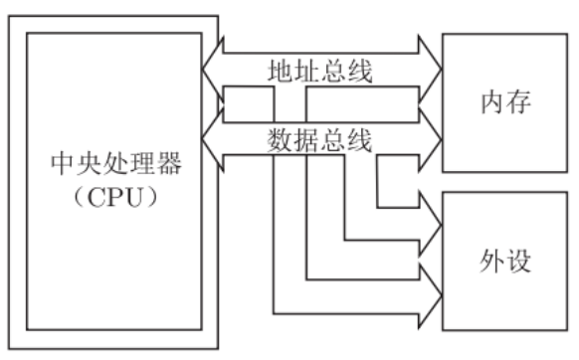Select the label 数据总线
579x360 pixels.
(320, 140)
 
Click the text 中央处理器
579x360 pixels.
(115, 162)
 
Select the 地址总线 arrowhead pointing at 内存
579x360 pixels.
(430, 66)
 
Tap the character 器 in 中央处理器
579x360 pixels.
(170, 162)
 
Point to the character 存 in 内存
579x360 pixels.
(521, 102)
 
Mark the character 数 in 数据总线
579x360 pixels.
(281, 140)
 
